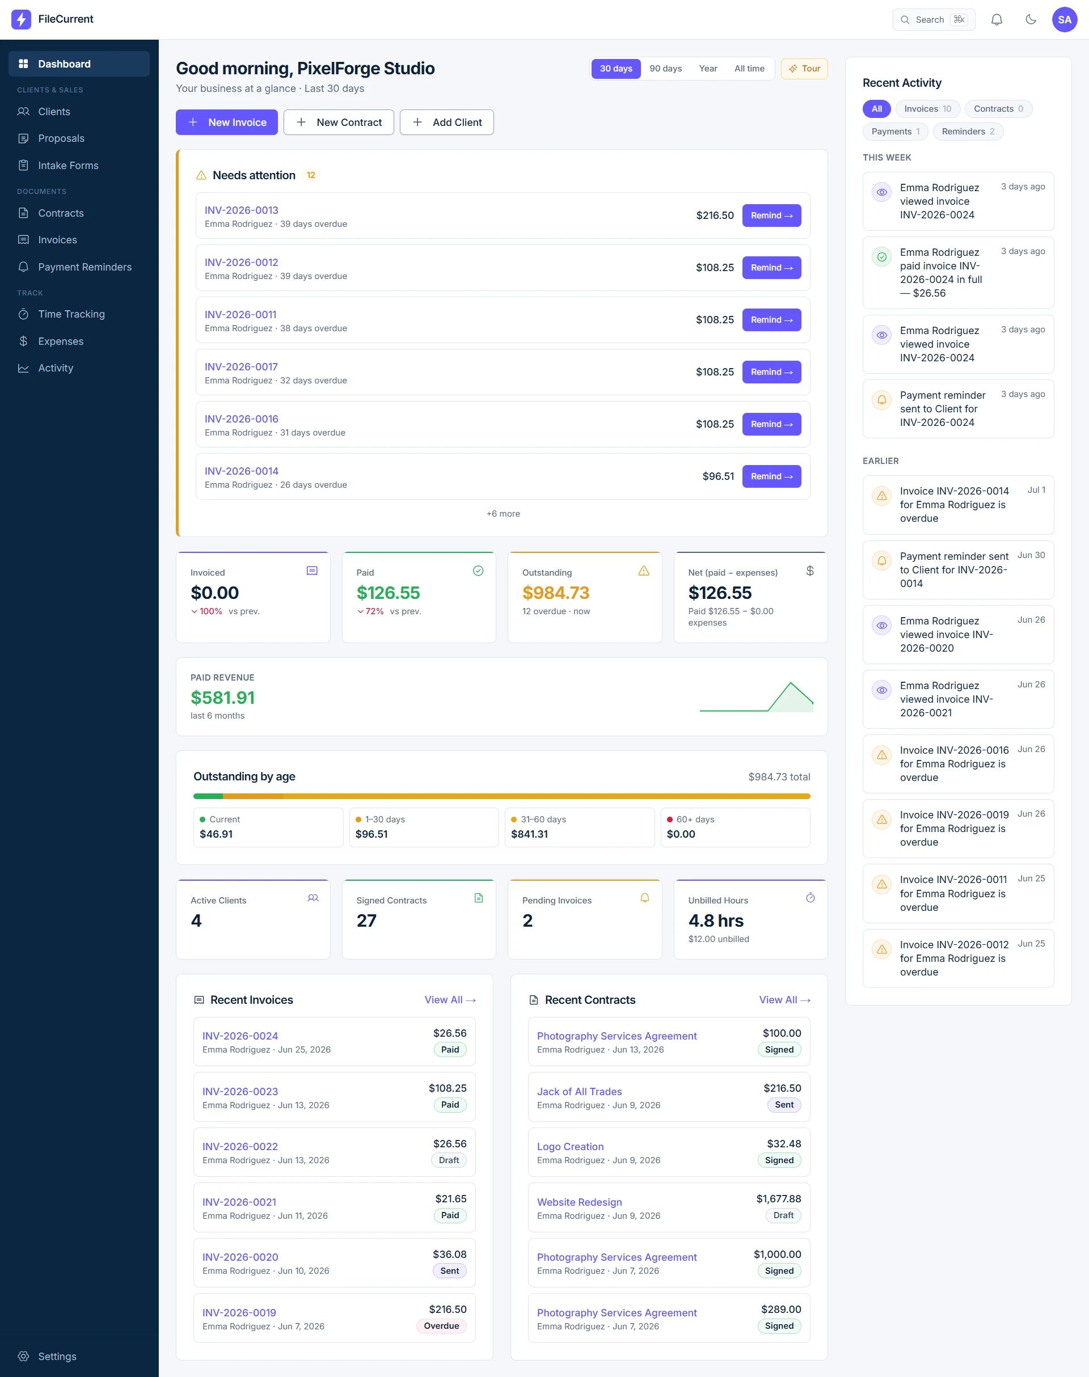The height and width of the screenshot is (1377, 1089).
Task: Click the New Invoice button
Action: point(226,123)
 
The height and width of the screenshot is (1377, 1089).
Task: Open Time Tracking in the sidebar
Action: point(71,314)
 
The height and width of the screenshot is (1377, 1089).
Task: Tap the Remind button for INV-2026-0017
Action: point(771,372)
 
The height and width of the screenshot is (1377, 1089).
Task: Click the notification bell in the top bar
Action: point(996,20)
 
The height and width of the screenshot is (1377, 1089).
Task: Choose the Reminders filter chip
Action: point(967,132)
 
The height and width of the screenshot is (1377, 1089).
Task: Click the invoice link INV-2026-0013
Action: point(241,210)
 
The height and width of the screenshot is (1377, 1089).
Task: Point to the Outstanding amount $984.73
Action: point(555,593)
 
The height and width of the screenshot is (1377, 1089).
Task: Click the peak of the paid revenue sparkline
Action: point(791,683)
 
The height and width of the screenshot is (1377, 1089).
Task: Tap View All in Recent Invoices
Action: point(450,1000)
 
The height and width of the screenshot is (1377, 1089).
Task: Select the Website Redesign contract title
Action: point(579,1202)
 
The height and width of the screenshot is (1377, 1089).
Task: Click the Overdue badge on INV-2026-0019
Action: point(441,1326)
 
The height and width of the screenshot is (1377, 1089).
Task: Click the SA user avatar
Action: point(1064,20)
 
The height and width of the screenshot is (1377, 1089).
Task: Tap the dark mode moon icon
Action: point(1031,20)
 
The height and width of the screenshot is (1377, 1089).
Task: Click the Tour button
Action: point(804,69)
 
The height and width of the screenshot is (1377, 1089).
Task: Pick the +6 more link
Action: point(503,514)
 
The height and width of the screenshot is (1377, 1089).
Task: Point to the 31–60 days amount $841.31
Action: point(529,834)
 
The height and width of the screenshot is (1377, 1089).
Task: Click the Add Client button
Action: point(446,123)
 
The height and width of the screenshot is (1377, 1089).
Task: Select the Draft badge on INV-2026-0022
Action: point(449,1160)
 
